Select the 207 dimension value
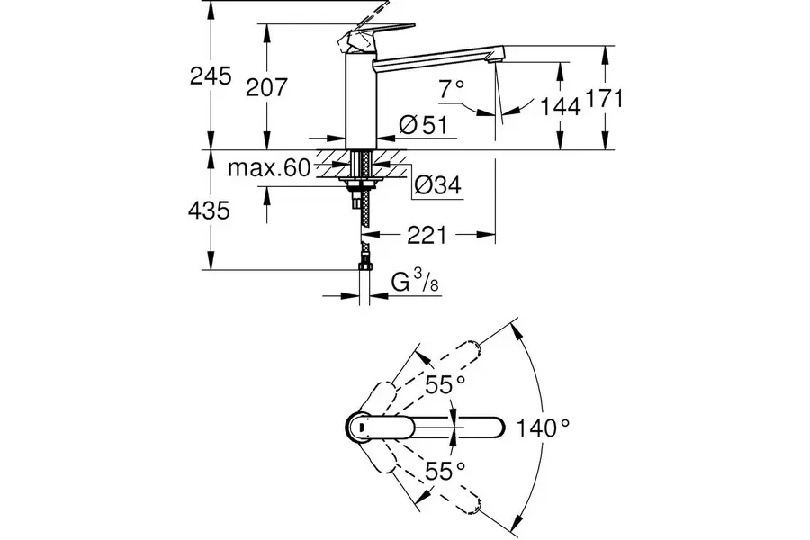pyautogui.click(x=266, y=87)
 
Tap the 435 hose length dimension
pyautogui.click(x=210, y=211)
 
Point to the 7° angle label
pyautogui.click(x=453, y=88)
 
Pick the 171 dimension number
pyautogui.click(x=605, y=99)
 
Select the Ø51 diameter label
pyautogui.click(x=422, y=126)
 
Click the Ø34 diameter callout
pyautogui.click(x=437, y=185)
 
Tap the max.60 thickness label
pyautogui.click(x=268, y=168)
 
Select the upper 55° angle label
pyautogui.click(x=445, y=384)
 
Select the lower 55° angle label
pyautogui.click(x=445, y=469)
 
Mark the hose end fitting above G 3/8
pyautogui.click(x=364, y=265)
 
